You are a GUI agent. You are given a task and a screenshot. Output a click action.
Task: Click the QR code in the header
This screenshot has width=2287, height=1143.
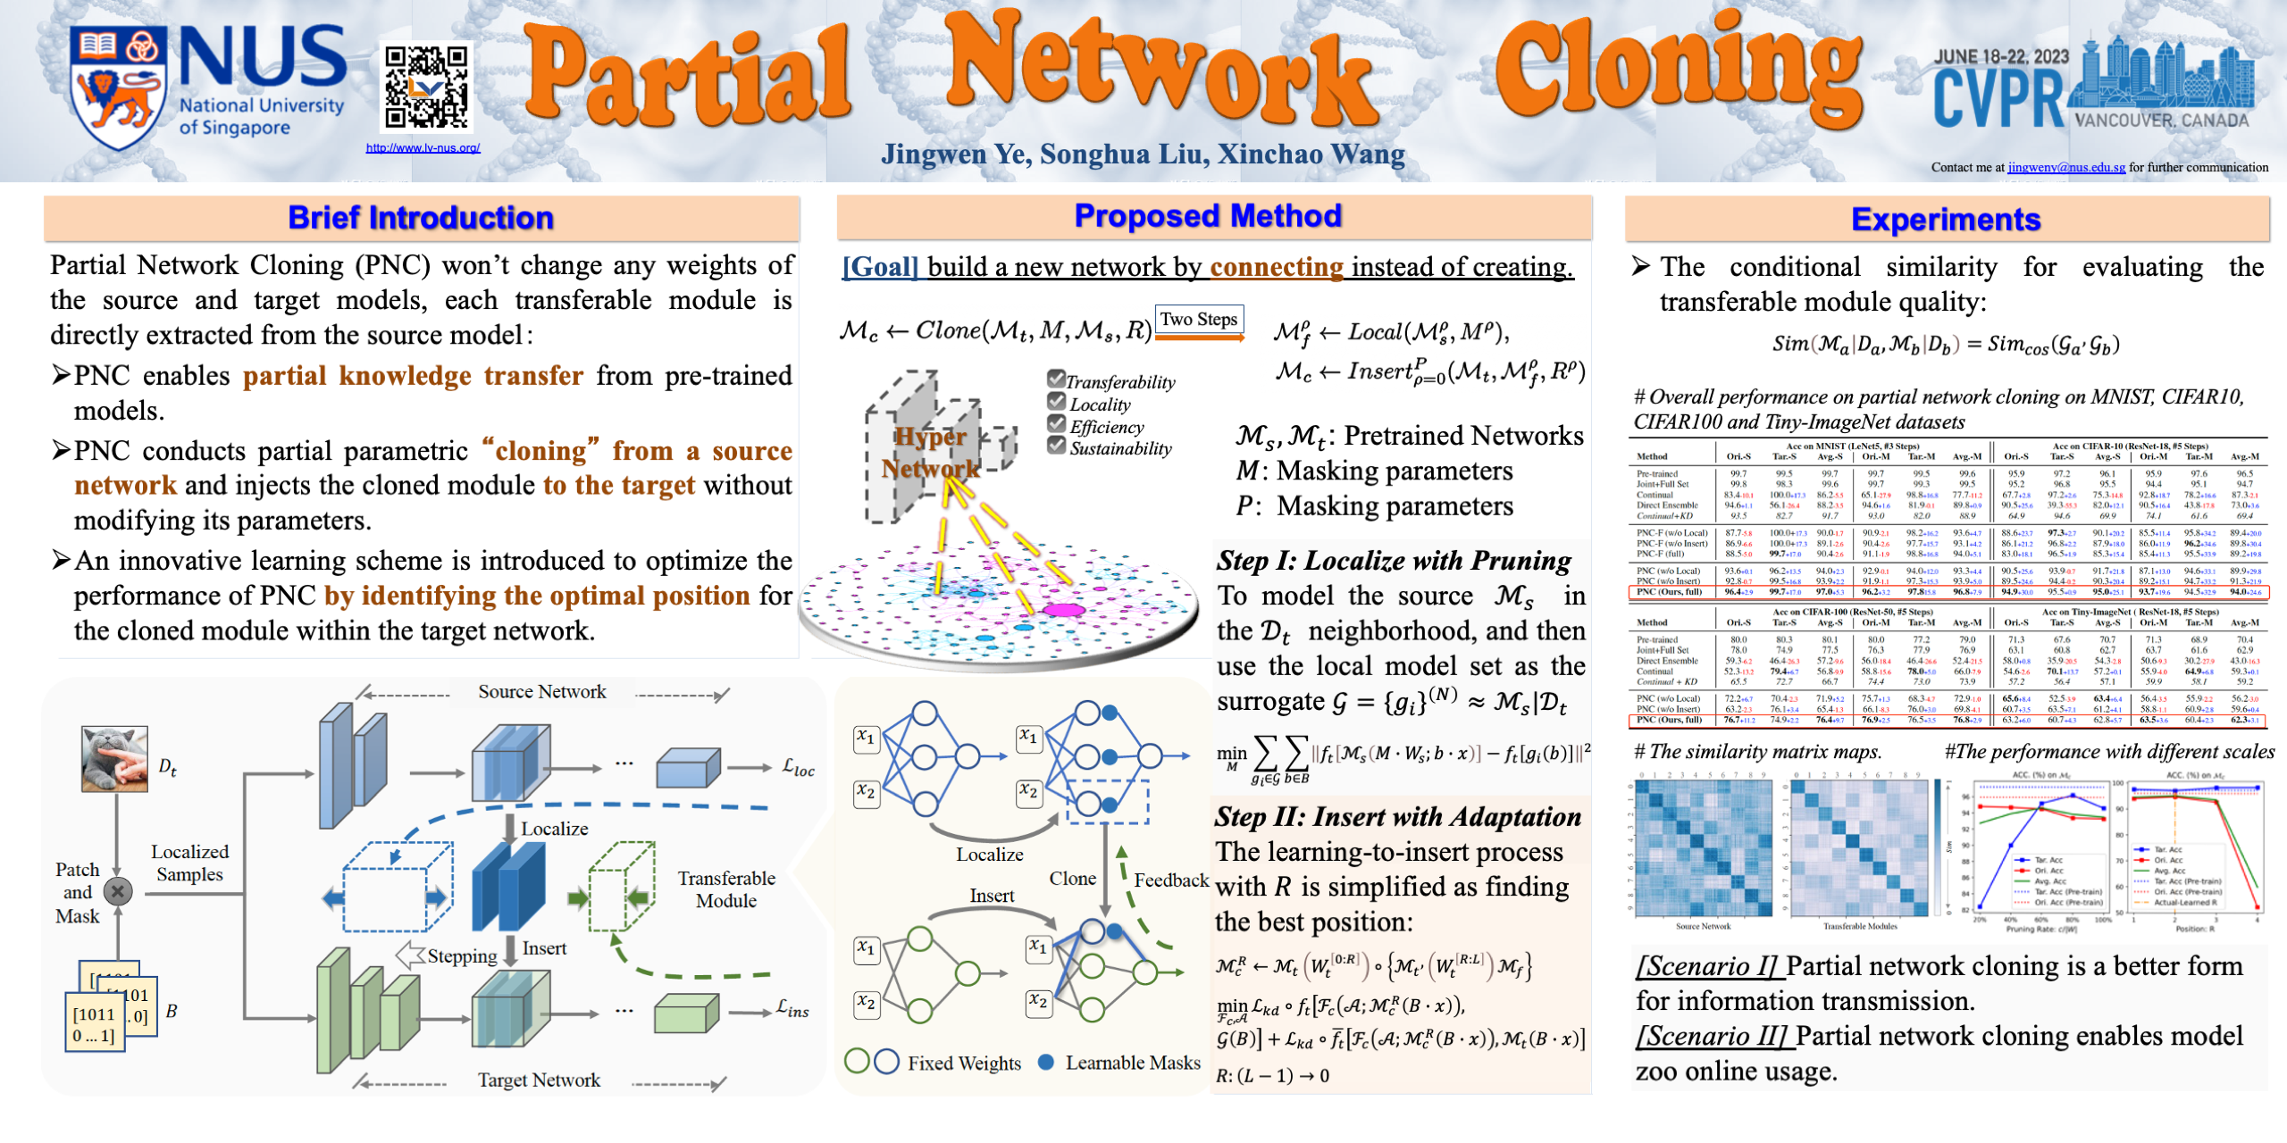426,88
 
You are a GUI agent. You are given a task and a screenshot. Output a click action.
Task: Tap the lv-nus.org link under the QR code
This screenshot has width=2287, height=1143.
423,148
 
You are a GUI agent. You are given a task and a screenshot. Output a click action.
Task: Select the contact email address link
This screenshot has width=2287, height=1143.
2065,167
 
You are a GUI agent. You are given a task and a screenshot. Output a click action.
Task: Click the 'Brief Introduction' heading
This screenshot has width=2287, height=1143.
420,218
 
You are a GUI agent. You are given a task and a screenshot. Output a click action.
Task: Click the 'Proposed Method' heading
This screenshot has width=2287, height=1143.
1207,216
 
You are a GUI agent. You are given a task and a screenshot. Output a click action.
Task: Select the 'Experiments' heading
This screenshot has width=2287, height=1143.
1945,220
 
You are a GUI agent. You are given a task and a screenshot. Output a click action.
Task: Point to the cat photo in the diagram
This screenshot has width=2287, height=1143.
114,759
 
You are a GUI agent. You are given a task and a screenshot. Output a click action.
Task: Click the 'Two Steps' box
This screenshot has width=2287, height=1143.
1198,320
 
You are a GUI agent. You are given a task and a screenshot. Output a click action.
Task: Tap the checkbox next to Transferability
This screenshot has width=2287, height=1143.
1056,379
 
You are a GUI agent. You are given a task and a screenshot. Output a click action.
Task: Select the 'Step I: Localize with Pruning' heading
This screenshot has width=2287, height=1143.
1393,561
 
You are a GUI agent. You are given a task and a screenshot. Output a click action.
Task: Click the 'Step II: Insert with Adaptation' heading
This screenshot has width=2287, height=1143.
1397,817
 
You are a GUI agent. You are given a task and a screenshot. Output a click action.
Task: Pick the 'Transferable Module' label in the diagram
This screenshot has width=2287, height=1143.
725,889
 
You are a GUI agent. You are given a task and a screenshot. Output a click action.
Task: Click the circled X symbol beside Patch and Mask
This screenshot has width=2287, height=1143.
118,890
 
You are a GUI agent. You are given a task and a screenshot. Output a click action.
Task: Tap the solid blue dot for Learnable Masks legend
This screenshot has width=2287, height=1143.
1046,1063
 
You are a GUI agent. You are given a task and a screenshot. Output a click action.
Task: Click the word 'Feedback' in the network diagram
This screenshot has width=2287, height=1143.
1170,880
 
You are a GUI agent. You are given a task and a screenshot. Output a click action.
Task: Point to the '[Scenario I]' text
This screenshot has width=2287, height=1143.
1707,966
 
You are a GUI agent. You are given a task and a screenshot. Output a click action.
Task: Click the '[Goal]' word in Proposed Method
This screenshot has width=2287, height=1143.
880,267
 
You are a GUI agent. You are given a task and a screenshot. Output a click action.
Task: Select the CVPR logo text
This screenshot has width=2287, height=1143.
1998,98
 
